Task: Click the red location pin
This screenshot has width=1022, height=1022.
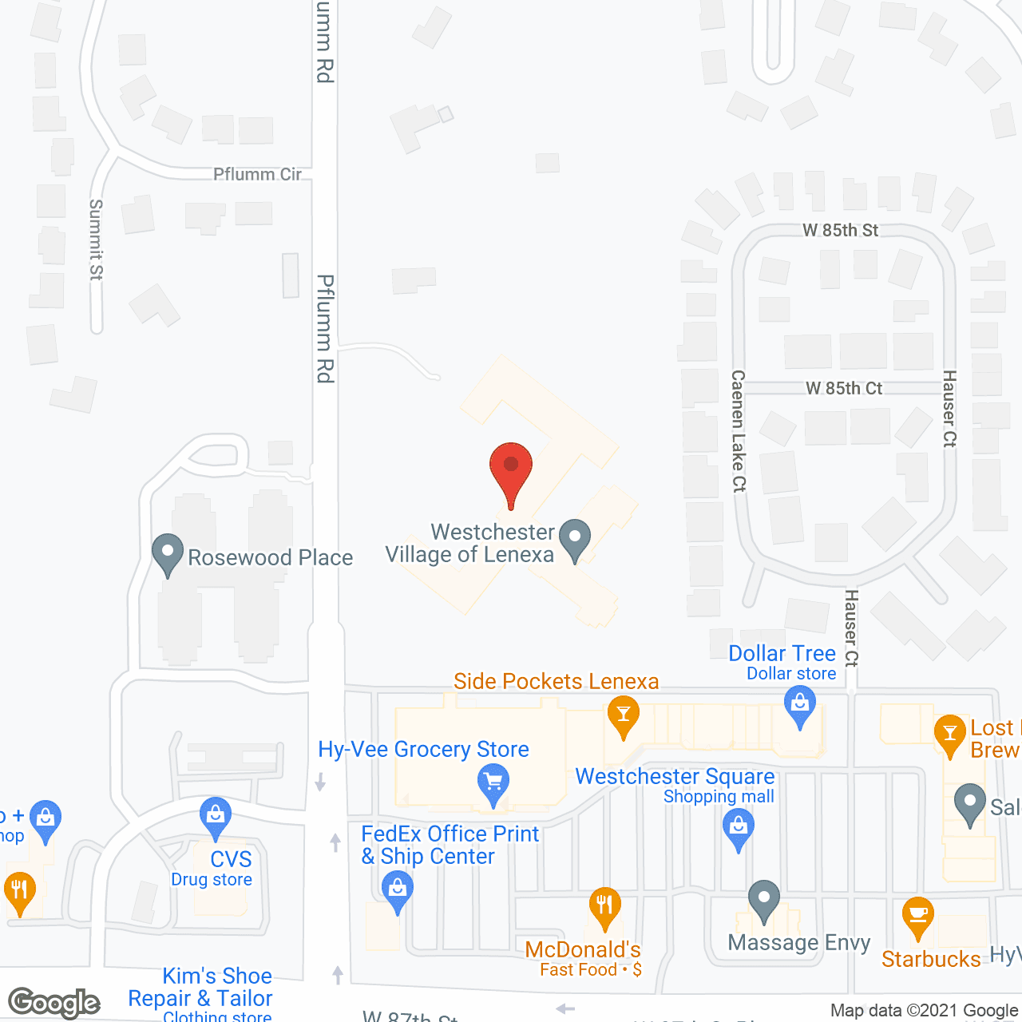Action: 511,467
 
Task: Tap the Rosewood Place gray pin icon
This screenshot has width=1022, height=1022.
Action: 168,553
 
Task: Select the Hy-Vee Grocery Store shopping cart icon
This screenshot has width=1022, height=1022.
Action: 493,782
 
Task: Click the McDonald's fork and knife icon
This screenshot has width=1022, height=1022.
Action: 604,906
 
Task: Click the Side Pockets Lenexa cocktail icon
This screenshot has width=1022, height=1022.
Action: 623,715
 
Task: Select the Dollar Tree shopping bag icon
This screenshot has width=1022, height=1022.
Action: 799,706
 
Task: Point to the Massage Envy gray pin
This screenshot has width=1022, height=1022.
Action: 764,900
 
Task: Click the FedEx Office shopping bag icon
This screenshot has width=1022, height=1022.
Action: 397,889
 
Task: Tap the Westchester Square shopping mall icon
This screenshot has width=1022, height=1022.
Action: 739,827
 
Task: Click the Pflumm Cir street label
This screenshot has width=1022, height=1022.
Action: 257,174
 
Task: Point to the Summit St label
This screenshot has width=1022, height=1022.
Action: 96,240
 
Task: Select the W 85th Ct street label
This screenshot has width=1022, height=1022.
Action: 844,388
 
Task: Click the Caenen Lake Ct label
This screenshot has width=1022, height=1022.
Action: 739,431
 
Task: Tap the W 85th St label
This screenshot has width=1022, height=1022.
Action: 840,230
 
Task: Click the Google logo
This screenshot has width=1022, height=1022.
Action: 54,1003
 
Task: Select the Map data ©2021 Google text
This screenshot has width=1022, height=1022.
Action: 924,1011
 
